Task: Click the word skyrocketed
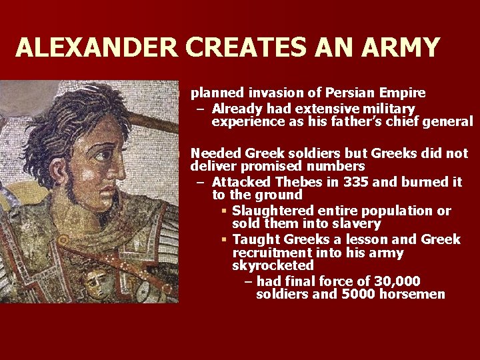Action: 273,265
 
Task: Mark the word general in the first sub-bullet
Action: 447,122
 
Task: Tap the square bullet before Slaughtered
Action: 224,211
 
